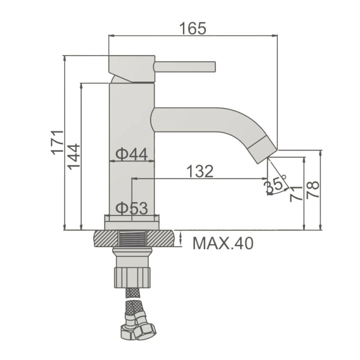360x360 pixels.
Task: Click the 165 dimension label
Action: coord(193,28)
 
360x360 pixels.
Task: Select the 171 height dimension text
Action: coord(58,143)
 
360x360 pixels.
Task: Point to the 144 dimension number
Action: coord(74,157)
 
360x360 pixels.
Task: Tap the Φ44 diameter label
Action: coord(131,154)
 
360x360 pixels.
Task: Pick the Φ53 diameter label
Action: coord(131,208)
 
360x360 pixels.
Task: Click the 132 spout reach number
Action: coord(200,171)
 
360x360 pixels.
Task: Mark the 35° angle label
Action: coord(275,183)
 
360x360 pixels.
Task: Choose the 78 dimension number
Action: coord(312,190)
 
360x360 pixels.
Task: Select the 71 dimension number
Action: coord(296,194)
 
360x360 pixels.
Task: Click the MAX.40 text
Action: coord(223,244)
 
